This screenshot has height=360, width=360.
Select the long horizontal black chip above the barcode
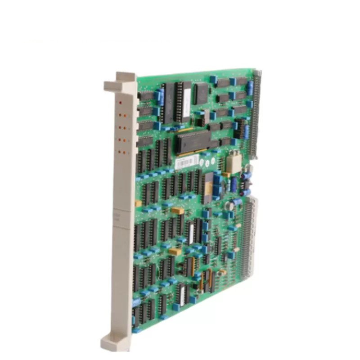pos(193,140)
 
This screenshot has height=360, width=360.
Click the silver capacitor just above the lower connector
pos(229,205)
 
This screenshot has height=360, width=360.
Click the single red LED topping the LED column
pos(120,103)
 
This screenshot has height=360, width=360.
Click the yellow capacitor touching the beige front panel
pos(138,203)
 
